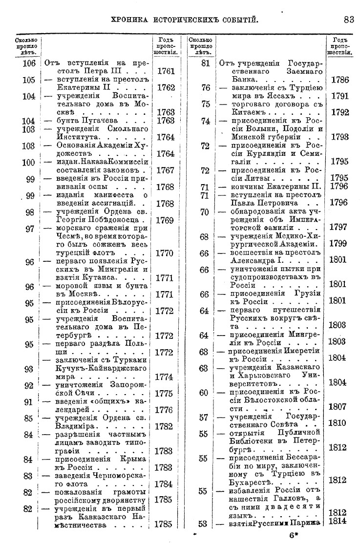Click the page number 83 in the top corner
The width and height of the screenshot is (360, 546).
pyautogui.click(x=348, y=20)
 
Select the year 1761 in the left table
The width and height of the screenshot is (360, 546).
pyautogui.click(x=166, y=71)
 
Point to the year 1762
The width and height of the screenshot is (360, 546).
pyautogui.click(x=166, y=89)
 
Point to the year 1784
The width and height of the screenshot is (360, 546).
pyautogui.click(x=166, y=484)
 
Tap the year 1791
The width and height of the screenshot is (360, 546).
pyautogui.click(x=339, y=96)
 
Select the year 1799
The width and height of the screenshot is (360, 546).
pyautogui.click(x=339, y=243)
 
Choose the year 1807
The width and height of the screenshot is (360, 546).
pyautogui.click(x=339, y=406)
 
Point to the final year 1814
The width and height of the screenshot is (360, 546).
pyautogui.click(x=339, y=522)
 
